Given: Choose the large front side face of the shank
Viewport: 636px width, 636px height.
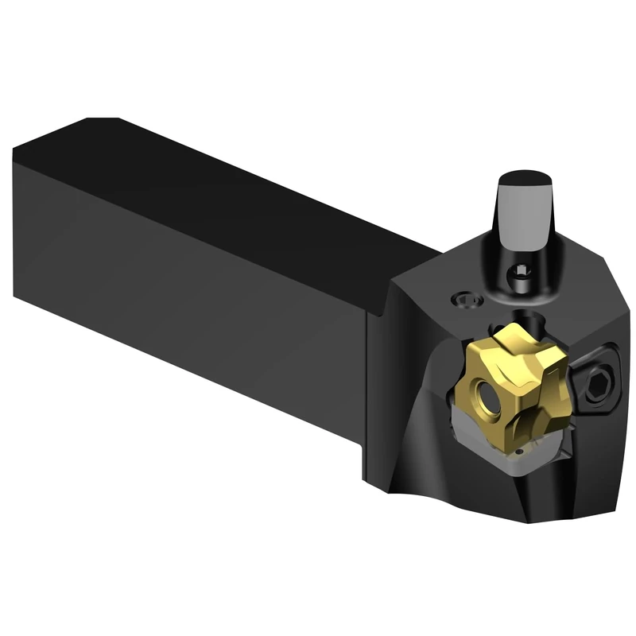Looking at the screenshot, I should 183,278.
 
